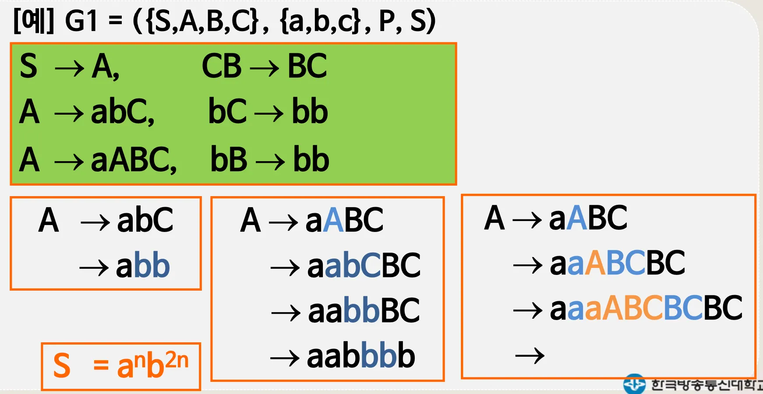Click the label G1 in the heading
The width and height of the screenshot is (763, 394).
coord(81,21)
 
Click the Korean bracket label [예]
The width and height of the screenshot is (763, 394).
coord(33,21)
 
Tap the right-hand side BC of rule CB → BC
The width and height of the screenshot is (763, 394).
coord(307,67)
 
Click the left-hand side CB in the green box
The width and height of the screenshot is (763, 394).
coord(222,67)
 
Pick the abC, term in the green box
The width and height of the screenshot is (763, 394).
coord(123,112)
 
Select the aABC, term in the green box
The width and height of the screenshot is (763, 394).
coord(134,160)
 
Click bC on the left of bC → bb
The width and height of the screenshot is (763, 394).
coord(227,112)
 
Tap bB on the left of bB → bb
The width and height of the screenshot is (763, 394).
coord(229,159)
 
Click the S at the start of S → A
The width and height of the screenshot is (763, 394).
coord(28,67)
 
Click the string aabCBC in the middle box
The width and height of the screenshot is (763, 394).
coord(364,265)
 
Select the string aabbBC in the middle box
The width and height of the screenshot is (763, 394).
coord(364,311)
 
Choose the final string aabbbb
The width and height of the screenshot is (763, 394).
coord(361,356)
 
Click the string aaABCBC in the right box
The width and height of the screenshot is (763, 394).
coord(617,263)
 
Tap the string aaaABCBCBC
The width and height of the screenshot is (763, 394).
coord(646,308)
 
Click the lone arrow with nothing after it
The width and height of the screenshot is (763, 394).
coord(530,355)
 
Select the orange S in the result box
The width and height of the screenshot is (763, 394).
coord(62,366)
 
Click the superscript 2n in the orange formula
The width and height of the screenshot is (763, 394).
coord(177,360)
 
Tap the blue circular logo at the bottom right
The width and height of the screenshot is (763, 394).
coord(634,384)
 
